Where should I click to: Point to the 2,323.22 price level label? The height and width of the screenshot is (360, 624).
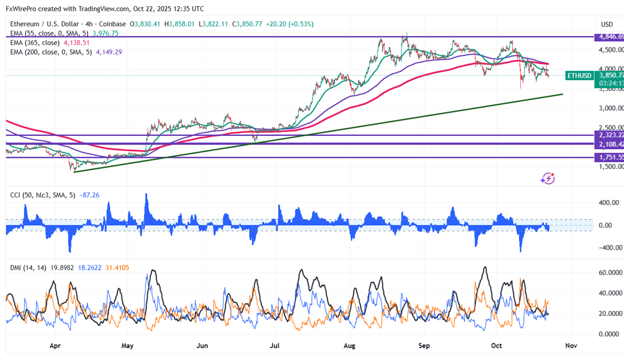tap(611, 135)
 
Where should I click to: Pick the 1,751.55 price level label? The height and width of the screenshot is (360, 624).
tap(611, 157)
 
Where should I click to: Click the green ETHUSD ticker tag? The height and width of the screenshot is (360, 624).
tap(579, 75)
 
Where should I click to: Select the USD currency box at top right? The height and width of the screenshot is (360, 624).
tap(607, 25)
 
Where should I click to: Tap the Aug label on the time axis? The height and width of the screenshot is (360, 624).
tap(350, 346)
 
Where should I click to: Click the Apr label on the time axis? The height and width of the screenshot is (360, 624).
tap(55, 346)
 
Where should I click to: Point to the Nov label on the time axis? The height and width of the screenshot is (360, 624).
tap(571, 346)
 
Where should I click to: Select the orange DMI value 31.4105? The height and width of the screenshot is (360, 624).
tap(116, 267)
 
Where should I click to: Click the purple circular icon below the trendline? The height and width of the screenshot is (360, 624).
tap(548, 178)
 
